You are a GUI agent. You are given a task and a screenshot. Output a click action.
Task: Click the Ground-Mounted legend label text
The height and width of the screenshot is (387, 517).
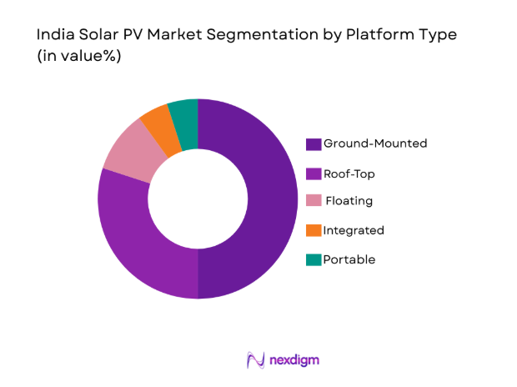pos(375,143)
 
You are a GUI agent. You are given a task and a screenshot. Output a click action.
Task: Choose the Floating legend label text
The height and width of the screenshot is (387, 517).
pos(349,201)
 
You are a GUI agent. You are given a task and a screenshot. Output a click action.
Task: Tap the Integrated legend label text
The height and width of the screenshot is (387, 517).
pos(354,230)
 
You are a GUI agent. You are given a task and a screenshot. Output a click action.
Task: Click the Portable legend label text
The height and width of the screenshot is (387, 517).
pos(349,259)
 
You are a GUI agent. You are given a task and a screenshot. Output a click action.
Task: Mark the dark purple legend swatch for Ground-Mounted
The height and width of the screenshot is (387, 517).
pos(314,144)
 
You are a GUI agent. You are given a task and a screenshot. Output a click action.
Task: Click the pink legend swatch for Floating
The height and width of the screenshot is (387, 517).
pos(314,202)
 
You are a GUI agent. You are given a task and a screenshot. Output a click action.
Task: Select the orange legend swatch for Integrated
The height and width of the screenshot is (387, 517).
pos(314,231)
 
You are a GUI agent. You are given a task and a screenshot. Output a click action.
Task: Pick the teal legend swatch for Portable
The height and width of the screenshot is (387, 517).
pos(314,259)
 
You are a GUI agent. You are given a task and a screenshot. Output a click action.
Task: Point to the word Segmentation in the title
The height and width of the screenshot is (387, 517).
pos(265,36)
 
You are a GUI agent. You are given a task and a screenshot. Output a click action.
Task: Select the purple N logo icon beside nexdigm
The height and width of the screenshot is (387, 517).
pos(256,360)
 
